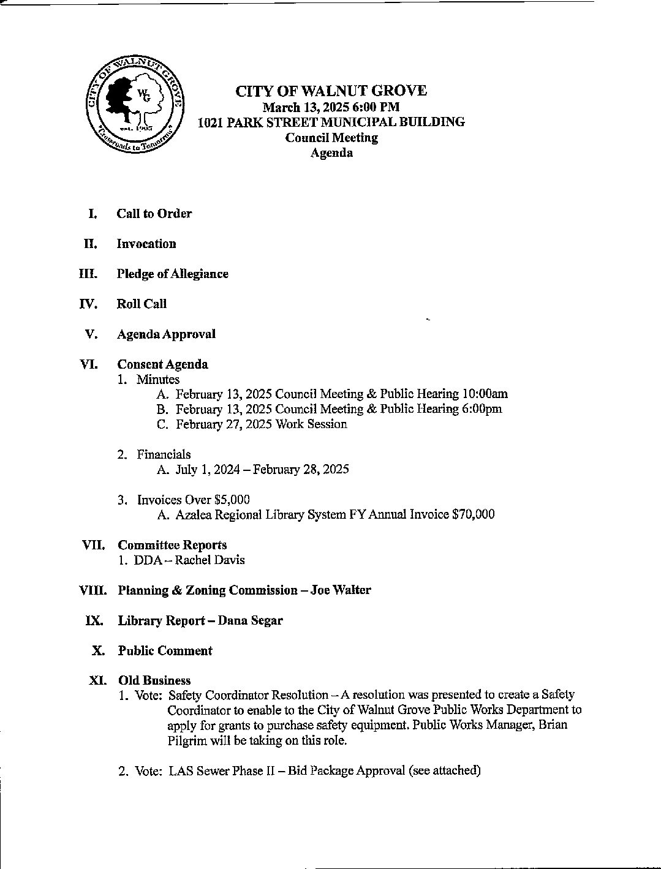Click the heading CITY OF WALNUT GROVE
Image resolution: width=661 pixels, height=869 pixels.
point(331,91)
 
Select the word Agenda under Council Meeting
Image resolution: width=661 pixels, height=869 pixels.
point(331,153)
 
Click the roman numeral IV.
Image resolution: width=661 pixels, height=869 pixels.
point(88,304)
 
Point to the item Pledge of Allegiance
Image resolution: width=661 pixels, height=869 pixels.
point(172,274)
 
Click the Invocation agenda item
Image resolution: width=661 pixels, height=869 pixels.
point(146,244)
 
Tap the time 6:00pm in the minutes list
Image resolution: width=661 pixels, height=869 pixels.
point(482,409)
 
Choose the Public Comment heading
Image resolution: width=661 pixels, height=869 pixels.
point(165,651)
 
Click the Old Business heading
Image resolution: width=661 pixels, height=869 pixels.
point(154,680)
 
